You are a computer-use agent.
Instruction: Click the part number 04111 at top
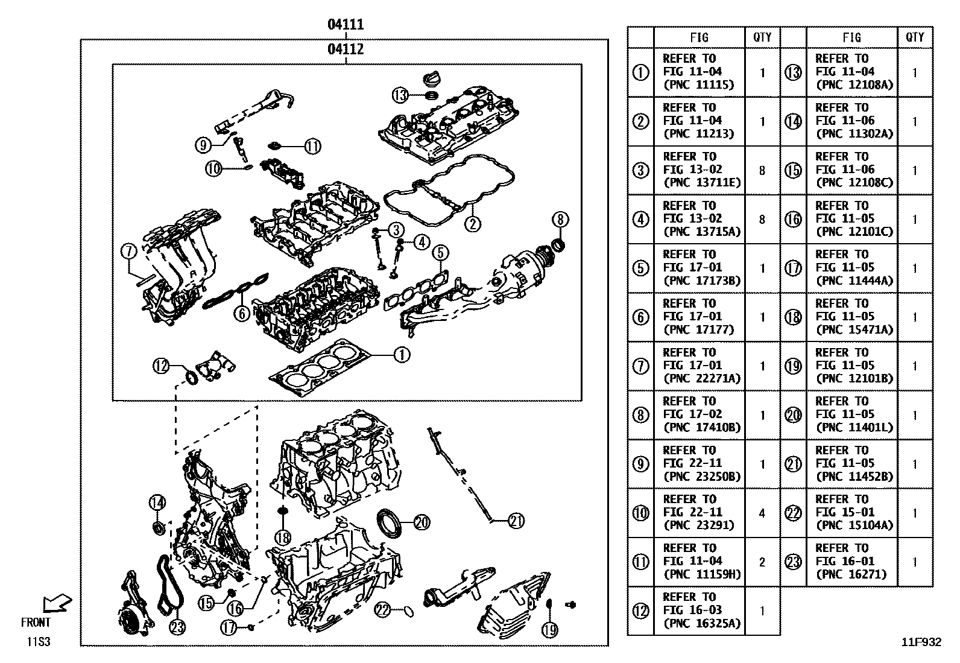(346, 25)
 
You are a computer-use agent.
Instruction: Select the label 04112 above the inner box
(346, 49)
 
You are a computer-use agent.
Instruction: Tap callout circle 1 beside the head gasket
(402, 355)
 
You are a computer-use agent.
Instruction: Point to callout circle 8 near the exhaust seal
(560, 220)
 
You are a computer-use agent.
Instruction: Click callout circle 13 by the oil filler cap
(400, 95)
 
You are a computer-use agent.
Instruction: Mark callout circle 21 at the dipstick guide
(516, 520)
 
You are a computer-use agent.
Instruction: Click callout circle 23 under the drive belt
(177, 627)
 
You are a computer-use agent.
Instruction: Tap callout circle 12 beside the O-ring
(160, 366)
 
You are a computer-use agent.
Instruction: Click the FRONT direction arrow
(57, 603)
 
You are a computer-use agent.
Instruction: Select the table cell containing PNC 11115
(699, 72)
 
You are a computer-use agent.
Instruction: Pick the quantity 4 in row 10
(762, 513)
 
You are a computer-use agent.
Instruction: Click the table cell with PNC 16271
(851, 562)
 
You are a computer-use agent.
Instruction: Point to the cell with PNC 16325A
(699, 611)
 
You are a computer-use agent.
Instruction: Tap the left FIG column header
(699, 37)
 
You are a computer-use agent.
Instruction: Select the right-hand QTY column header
(914, 37)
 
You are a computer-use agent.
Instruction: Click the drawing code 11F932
(921, 642)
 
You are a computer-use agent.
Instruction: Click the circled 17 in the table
(793, 268)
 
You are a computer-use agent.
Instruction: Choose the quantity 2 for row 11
(762, 562)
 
